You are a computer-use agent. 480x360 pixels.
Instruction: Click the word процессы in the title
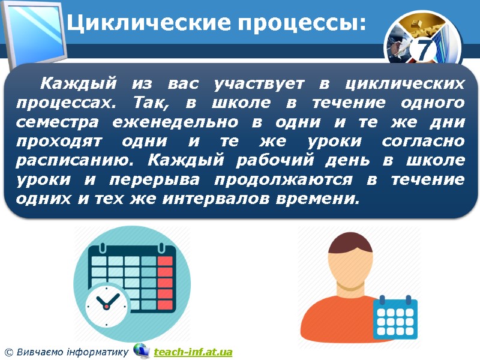coord(301,23)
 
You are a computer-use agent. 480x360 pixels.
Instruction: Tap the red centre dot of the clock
coord(107,306)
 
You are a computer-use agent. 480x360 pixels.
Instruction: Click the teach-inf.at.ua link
coord(193,352)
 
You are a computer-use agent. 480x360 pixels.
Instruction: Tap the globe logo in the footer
coord(142,350)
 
